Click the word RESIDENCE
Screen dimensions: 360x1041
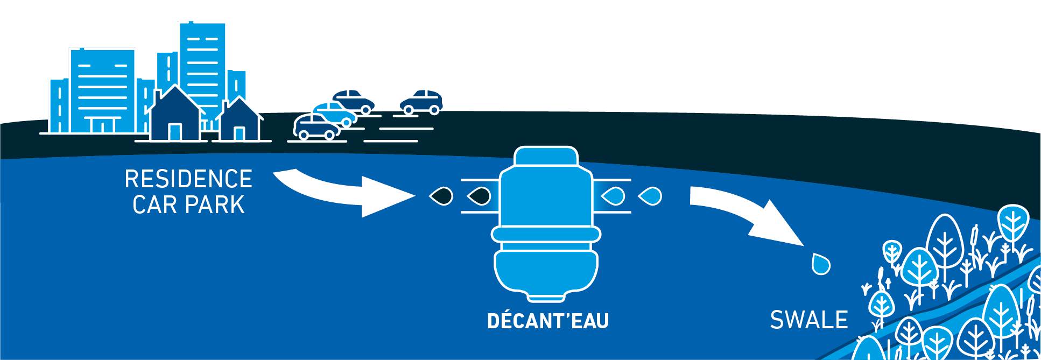(x=188, y=179)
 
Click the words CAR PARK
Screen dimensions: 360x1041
(x=188, y=205)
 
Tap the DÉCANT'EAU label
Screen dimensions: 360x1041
(x=548, y=321)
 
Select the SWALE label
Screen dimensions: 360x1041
(x=808, y=320)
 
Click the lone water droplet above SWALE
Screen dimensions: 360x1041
(x=821, y=264)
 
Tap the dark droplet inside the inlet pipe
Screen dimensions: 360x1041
(x=479, y=196)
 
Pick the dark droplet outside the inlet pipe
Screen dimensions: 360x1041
(x=441, y=196)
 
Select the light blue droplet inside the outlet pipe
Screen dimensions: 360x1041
(x=613, y=196)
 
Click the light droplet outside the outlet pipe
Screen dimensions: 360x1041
(x=650, y=196)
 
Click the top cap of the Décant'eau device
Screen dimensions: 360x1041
(x=546, y=157)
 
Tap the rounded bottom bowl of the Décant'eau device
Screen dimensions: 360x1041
(x=546, y=272)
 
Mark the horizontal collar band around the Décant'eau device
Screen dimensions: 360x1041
(x=546, y=234)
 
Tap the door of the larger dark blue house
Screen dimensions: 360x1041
(x=175, y=132)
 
